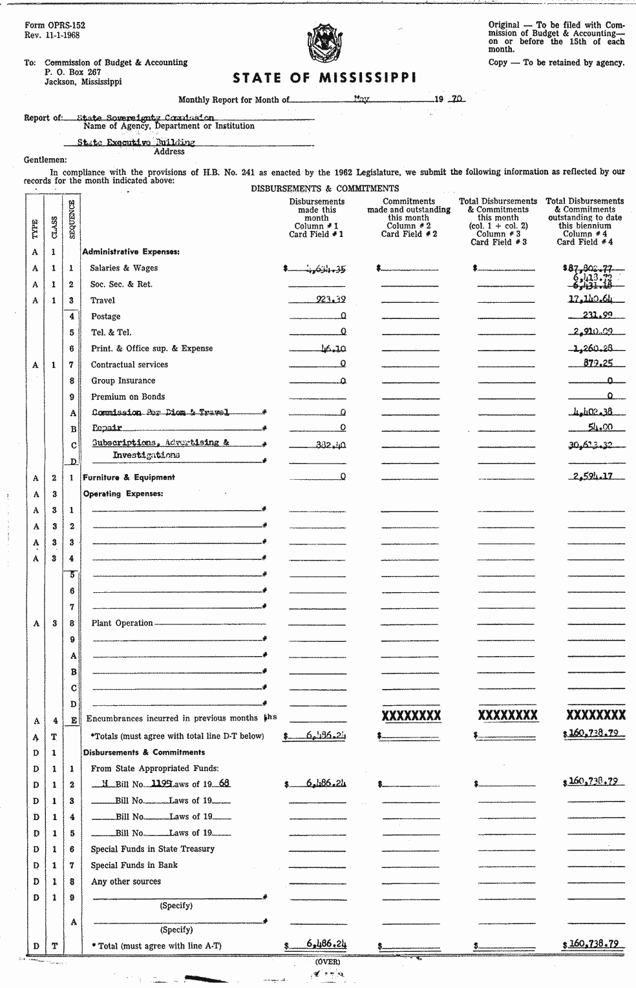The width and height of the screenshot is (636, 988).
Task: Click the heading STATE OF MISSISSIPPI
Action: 324,78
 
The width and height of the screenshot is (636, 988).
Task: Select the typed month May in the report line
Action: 361,99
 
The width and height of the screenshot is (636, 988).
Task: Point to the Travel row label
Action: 103,300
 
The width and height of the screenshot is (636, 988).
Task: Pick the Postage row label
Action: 106,316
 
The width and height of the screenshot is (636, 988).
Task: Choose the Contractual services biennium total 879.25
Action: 598,364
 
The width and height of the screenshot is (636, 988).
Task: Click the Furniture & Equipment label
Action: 129,477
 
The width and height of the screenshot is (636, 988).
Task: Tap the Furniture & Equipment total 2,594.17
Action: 593,477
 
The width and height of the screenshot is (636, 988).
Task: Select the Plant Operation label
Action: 122,623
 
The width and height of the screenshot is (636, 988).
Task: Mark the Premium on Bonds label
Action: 128,396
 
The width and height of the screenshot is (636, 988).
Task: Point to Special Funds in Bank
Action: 134,865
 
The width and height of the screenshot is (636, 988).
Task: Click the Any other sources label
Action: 126,881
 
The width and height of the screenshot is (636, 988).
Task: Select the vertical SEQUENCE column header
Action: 72,220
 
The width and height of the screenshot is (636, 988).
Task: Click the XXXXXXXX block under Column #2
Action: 411,715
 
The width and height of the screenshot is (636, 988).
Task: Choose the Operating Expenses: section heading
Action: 123,494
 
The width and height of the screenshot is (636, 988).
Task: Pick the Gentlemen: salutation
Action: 45,160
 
